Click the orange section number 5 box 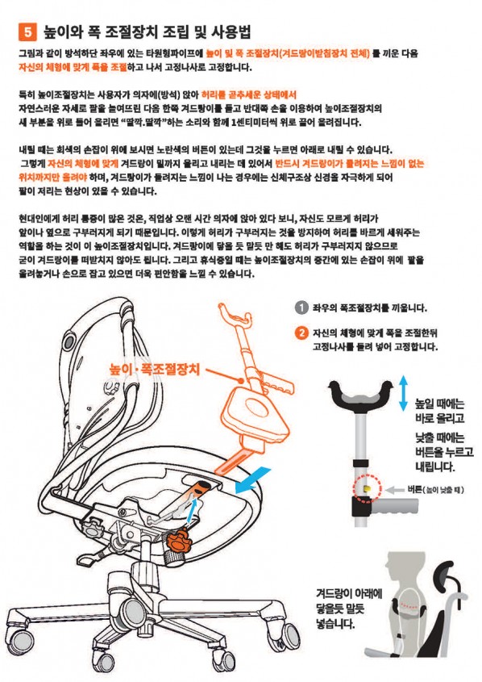(27, 32)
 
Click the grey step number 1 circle (301, 308)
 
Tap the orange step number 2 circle (301, 333)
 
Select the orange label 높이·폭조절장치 (155, 370)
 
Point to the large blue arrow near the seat (253, 480)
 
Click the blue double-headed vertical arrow (403, 394)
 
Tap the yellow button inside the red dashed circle (368, 489)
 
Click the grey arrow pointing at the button (395, 490)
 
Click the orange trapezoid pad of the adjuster (256, 413)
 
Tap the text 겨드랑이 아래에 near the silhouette (349, 593)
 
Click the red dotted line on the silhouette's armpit (410, 605)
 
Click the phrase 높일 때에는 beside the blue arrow (439, 404)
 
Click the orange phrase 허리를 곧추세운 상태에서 (249, 94)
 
